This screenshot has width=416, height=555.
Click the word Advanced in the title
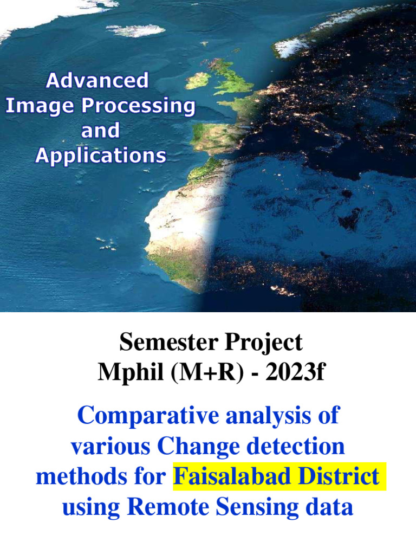click(x=97, y=81)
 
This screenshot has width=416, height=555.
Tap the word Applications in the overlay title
click(x=101, y=156)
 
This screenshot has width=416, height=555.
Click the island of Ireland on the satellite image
click(x=198, y=81)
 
